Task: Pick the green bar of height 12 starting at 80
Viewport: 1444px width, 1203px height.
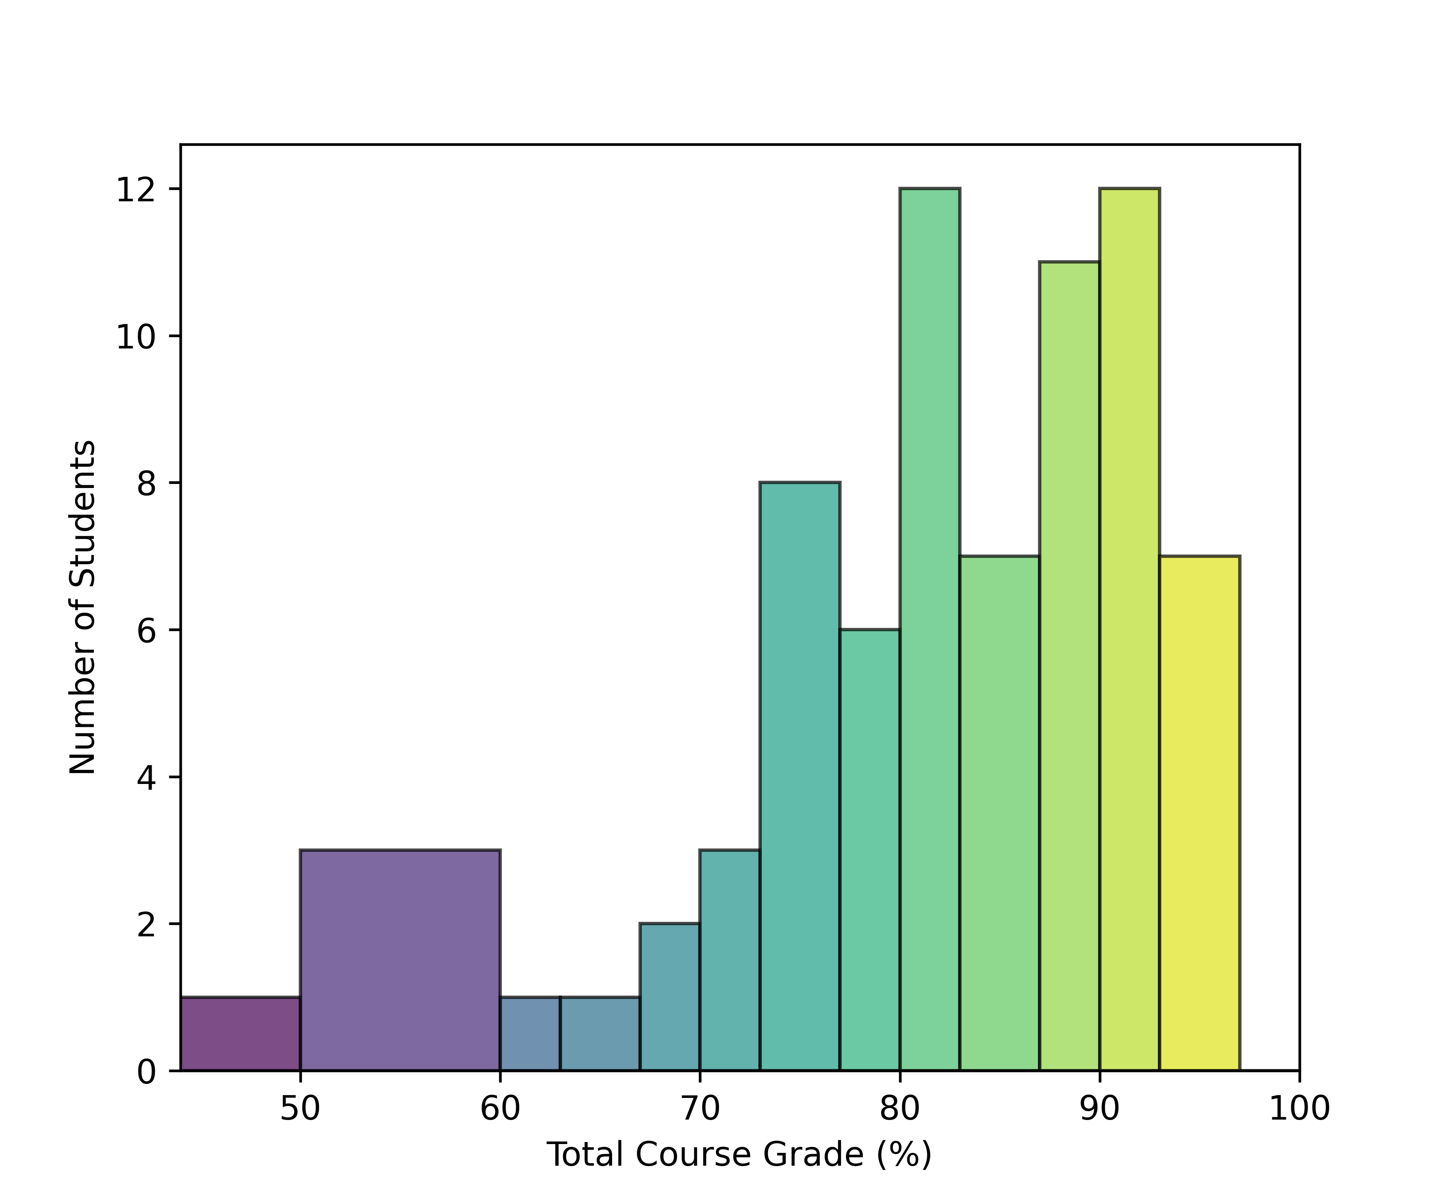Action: [930, 629]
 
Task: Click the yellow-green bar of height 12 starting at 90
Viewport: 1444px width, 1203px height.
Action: [1130, 629]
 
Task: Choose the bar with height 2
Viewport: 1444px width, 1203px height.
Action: [670, 997]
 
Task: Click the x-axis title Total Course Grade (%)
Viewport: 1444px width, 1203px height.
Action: [739, 1155]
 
